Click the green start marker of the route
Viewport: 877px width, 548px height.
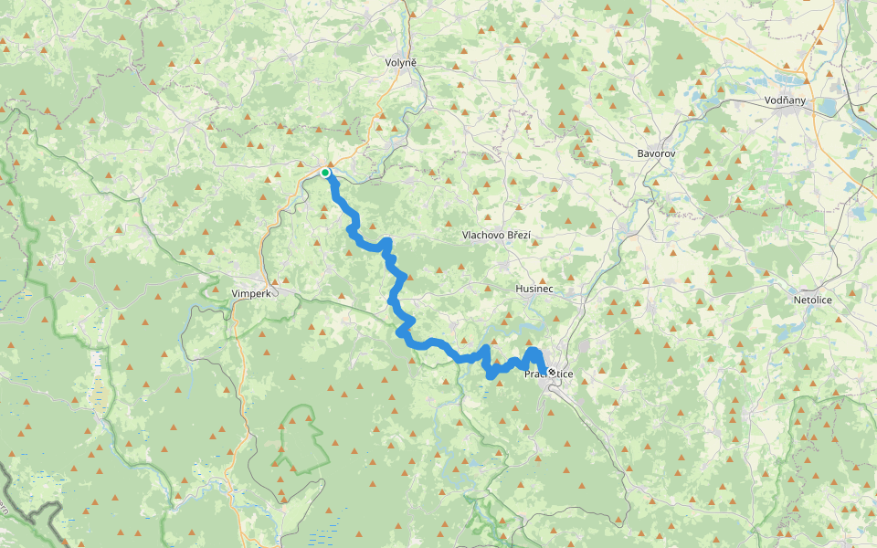pyautogui.click(x=325, y=172)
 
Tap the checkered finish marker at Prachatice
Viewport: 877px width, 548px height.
pyautogui.click(x=552, y=372)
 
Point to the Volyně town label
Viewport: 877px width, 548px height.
pyautogui.click(x=401, y=62)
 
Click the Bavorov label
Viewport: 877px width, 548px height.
pyautogui.click(x=656, y=153)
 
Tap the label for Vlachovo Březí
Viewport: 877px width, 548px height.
pyautogui.click(x=496, y=235)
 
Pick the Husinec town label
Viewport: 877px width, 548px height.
pyautogui.click(x=534, y=289)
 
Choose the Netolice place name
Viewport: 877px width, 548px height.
pyautogui.click(x=813, y=299)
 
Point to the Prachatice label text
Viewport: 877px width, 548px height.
pyautogui.click(x=548, y=374)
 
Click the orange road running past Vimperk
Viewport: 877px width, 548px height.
pyautogui.click(x=266, y=247)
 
